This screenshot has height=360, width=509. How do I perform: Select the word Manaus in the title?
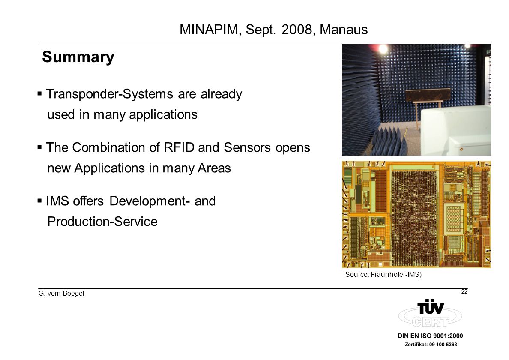(x=344, y=30)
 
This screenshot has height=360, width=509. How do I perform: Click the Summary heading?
(x=78, y=57)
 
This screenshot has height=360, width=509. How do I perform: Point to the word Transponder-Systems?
(x=109, y=94)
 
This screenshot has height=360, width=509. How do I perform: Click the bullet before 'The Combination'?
(x=39, y=147)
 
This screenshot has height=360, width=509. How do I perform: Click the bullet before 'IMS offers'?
(x=39, y=201)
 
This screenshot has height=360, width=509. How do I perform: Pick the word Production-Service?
(x=102, y=222)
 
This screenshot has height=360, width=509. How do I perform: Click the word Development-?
(x=150, y=201)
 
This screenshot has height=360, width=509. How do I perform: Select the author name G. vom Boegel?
(x=61, y=294)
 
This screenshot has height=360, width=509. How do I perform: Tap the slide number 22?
(x=464, y=291)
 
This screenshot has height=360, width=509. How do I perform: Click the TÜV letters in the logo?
(x=431, y=307)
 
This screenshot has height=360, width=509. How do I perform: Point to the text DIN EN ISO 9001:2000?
(x=430, y=336)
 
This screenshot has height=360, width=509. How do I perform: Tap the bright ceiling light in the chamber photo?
(x=383, y=49)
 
